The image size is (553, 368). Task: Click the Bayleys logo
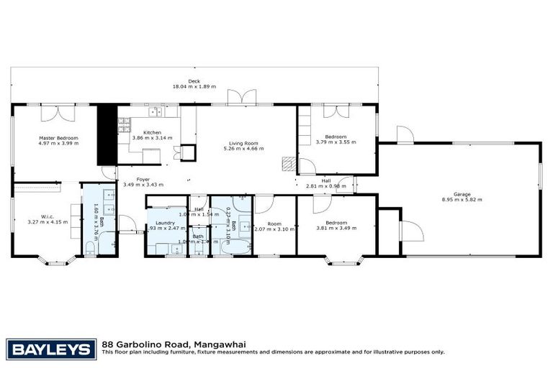[51, 349]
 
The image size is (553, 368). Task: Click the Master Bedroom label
[58, 137]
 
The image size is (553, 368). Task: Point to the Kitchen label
[152, 132]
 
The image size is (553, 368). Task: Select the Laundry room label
[166, 223]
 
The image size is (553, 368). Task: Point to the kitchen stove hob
[155, 110]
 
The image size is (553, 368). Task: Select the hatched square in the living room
[289, 164]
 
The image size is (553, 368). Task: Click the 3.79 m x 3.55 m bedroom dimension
[336, 142]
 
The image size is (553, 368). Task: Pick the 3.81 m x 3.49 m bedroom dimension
[336, 228]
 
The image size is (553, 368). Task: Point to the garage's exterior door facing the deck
[405, 135]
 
